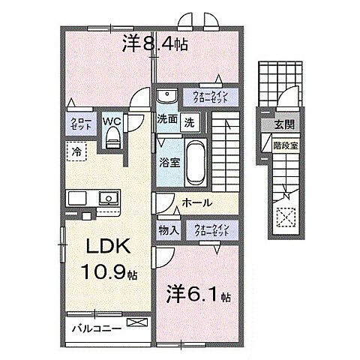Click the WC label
112,120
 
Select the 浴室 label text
167,160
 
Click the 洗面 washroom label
166,119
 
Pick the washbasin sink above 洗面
166,95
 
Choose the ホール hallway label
196,203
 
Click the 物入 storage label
168,229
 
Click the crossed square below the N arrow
285,217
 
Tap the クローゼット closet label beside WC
82,123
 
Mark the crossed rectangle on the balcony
137,323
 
